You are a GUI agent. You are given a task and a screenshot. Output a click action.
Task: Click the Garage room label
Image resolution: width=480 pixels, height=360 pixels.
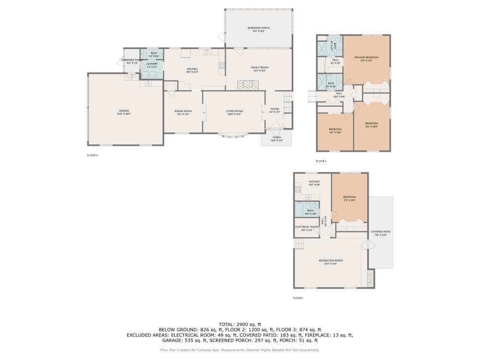pos(124,111)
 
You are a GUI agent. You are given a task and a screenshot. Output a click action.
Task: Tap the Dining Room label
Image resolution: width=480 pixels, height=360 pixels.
pos(183,111)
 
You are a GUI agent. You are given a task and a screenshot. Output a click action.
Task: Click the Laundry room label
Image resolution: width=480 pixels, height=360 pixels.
pos(152,63)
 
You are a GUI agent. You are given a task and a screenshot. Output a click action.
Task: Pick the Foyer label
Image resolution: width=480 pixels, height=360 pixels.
pos(275,109)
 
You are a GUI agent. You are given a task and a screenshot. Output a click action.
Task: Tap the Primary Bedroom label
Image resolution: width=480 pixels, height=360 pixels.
pos(366,58)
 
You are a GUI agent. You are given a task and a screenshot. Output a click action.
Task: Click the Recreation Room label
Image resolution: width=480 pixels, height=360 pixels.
pos(331,261)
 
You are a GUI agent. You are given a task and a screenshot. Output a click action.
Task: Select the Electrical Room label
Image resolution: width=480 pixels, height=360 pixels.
pos(307,227)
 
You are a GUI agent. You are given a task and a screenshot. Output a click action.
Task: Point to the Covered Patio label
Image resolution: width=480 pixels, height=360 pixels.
pos(381,232)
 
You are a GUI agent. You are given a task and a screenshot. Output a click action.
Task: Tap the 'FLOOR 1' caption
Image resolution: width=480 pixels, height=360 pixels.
pos(299,298)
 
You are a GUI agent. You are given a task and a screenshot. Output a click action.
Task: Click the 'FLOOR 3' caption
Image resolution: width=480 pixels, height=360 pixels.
pos(321,161)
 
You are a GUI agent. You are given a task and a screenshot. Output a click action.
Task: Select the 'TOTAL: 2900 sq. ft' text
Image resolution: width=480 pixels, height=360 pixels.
pos(240,324)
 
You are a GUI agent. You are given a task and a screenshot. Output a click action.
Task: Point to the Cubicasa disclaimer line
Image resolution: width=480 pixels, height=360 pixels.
pos(240,350)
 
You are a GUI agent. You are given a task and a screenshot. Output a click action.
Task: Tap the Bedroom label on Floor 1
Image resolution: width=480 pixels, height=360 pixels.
pos(349,197)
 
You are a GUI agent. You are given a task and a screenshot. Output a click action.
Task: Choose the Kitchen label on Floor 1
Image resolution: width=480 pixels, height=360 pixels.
pos(314,182)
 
